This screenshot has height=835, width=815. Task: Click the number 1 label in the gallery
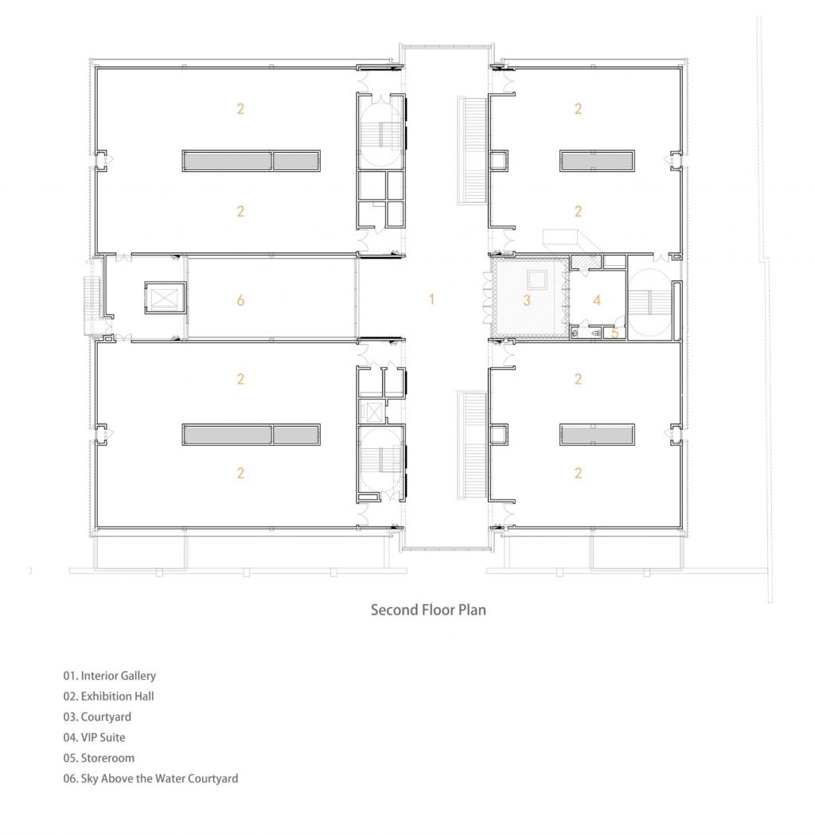(432, 299)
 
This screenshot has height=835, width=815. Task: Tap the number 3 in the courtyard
(527, 300)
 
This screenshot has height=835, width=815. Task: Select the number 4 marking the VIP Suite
(596, 300)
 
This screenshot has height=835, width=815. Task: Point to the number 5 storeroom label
(615, 333)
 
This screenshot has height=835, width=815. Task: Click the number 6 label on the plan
(240, 300)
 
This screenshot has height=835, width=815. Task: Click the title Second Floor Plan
(428, 610)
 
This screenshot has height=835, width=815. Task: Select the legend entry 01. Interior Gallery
(110, 676)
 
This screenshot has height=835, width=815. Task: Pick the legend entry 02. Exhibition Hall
(109, 696)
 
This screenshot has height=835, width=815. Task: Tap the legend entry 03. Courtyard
(97, 717)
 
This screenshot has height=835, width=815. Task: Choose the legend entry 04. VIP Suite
(94, 738)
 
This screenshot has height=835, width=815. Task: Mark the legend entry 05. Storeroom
(99, 759)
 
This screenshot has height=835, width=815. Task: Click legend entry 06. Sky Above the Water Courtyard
(150, 779)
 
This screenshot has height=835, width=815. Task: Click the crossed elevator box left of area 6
(165, 298)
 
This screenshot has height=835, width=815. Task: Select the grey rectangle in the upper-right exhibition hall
(597, 161)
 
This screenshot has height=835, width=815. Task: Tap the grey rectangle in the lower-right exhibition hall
(597, 434)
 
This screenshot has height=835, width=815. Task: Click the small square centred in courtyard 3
(536, 279)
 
